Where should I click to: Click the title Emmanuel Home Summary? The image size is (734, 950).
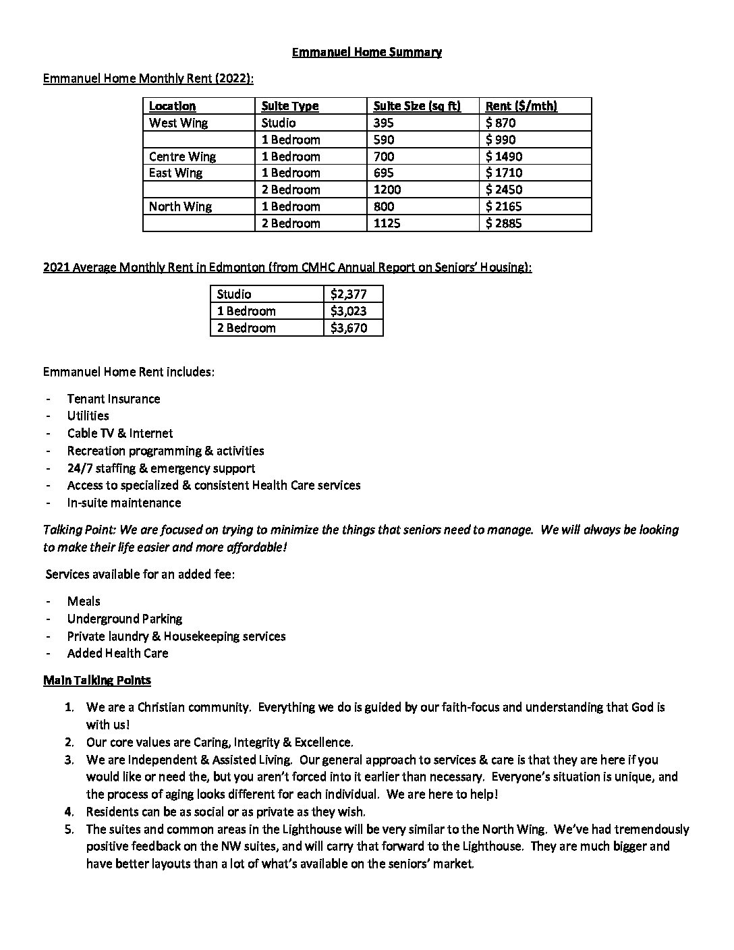click(366, 52)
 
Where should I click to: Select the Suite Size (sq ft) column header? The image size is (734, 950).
click(416, 106)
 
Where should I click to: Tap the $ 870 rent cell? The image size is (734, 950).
click(500, 123)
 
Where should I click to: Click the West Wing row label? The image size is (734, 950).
click(178, 123)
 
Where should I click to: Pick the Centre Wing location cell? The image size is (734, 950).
click(182, 157)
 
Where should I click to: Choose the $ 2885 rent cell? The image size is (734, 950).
click(503, 223)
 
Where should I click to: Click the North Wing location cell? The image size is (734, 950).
click(180, 206)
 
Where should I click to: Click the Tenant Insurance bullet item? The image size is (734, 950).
click(113, 399)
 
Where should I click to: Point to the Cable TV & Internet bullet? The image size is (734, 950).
click(119, 433)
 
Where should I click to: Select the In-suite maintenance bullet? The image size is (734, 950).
click(123, 503)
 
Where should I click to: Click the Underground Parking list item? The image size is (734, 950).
click(124, 619)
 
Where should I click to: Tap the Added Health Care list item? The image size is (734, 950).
click(117, 653)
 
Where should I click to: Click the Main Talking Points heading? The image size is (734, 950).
click(97, 680)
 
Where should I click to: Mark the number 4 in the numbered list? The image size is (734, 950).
click(69, 812)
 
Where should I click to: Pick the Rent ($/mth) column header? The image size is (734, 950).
click(521, 106)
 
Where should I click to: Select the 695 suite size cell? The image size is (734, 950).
click(383, 173)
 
